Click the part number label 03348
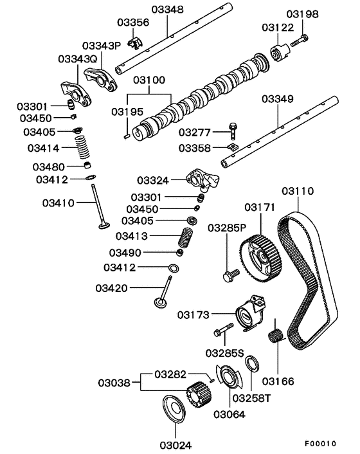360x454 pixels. [168, 10]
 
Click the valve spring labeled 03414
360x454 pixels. [82, 151]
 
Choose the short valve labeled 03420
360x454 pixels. [162, 293]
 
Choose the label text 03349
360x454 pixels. [278, 100]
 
